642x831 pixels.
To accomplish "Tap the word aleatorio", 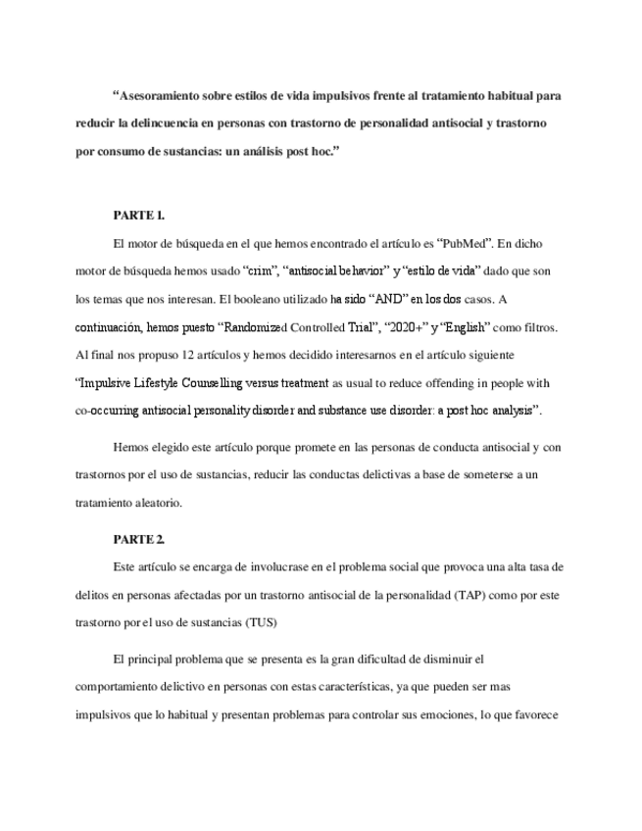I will [155, 503].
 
